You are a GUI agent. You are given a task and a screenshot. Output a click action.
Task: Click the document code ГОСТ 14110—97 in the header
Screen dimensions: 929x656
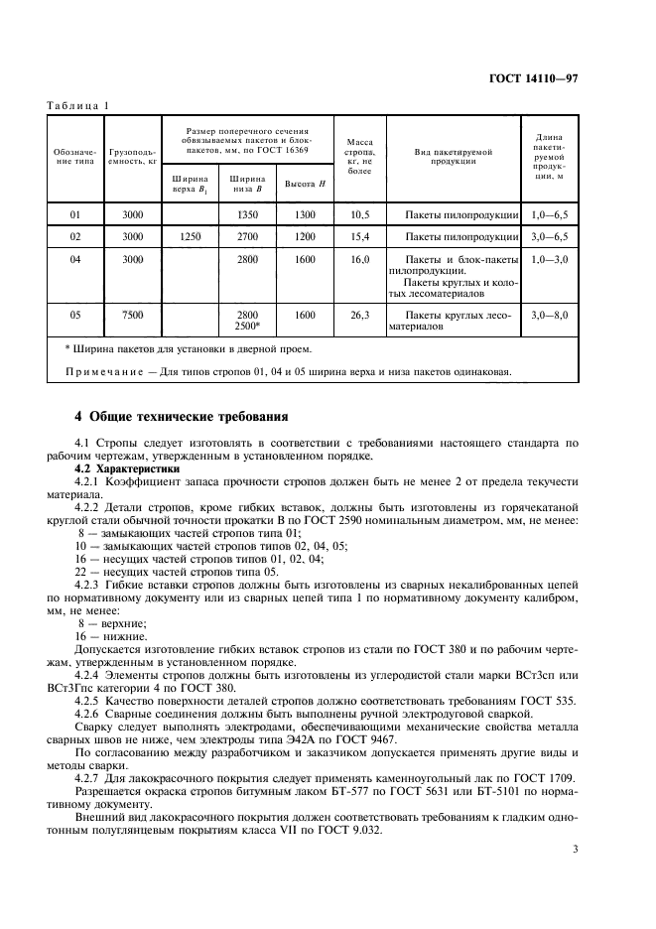pyautogui.click(x=562, y=78)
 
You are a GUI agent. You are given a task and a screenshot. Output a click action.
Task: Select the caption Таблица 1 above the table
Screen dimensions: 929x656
pyautogui.click(x=78, y=106)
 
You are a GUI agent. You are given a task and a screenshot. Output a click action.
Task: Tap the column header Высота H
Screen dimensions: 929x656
pyautogui.click(x=306, y=184)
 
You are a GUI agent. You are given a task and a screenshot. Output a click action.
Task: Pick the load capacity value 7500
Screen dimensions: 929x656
pyautogui.click(x=133, y=315)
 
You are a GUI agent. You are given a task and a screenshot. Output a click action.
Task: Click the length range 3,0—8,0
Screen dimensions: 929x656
pyautogui.click(x=549, y=315)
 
